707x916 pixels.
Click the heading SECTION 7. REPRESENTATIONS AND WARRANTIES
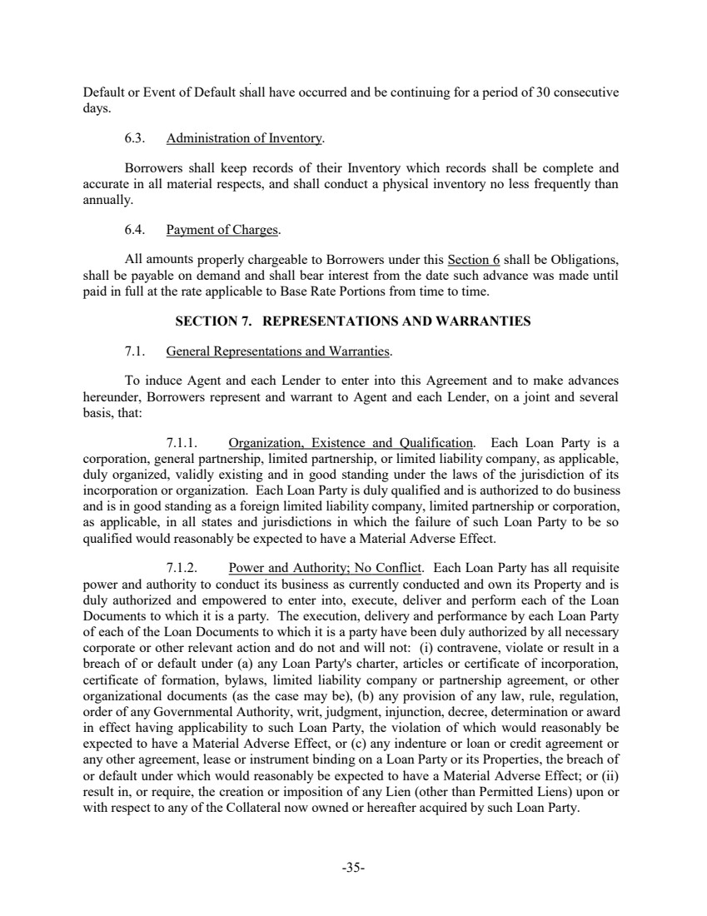[352, 321]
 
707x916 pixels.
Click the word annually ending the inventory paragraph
[107, 201]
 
